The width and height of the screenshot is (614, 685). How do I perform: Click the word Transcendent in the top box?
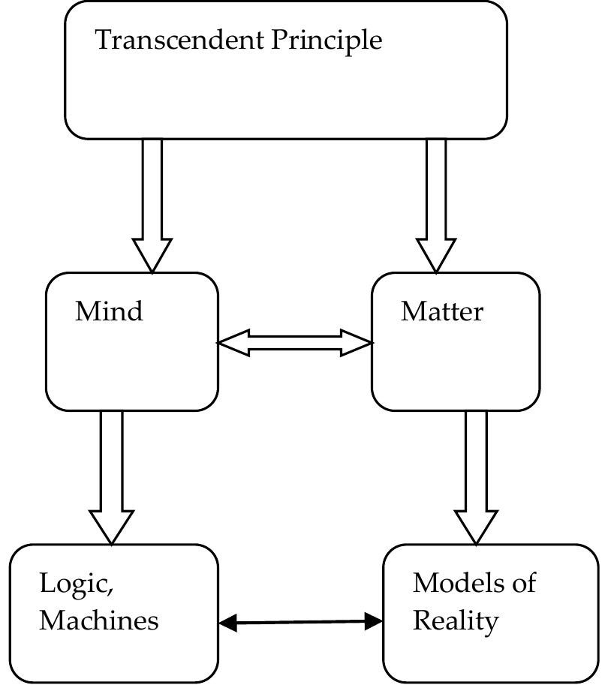pos(180,40)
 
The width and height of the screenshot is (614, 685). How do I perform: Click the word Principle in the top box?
pos(327,41)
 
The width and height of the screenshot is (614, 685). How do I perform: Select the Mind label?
pos(109,311)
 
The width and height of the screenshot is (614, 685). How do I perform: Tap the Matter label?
pos(442,311)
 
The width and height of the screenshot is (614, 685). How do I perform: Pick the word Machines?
pos(99,620)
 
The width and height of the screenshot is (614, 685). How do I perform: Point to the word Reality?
pos(456,621)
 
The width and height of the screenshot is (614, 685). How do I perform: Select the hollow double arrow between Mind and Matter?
pos(295,343)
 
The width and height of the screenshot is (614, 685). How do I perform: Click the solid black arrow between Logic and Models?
pos(301,621)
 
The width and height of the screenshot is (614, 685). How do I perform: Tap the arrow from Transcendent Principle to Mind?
pos(152,203)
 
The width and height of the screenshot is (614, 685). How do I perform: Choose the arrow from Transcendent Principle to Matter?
pos(436,203)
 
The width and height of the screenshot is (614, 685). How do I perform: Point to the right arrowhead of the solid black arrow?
pos(374,620)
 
